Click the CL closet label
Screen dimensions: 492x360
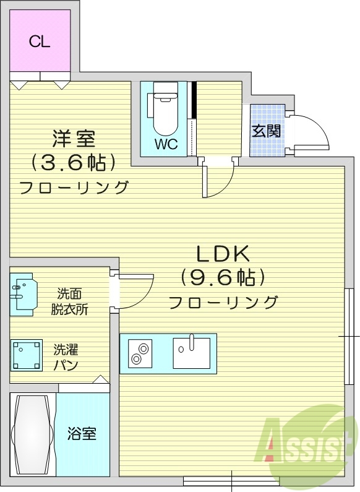[40, 42]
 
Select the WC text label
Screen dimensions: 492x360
[166, 145]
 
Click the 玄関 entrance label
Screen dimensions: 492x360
[267, 131]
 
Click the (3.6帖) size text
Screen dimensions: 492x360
[73, 163]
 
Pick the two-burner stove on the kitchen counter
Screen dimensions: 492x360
[140, 353]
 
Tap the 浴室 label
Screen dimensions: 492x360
[82, 433]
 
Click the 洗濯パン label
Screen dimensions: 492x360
[65, 357]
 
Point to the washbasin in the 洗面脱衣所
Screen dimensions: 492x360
[23, 291]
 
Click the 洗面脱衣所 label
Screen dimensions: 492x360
[69, 301]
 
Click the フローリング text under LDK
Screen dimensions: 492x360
[223, 303]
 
